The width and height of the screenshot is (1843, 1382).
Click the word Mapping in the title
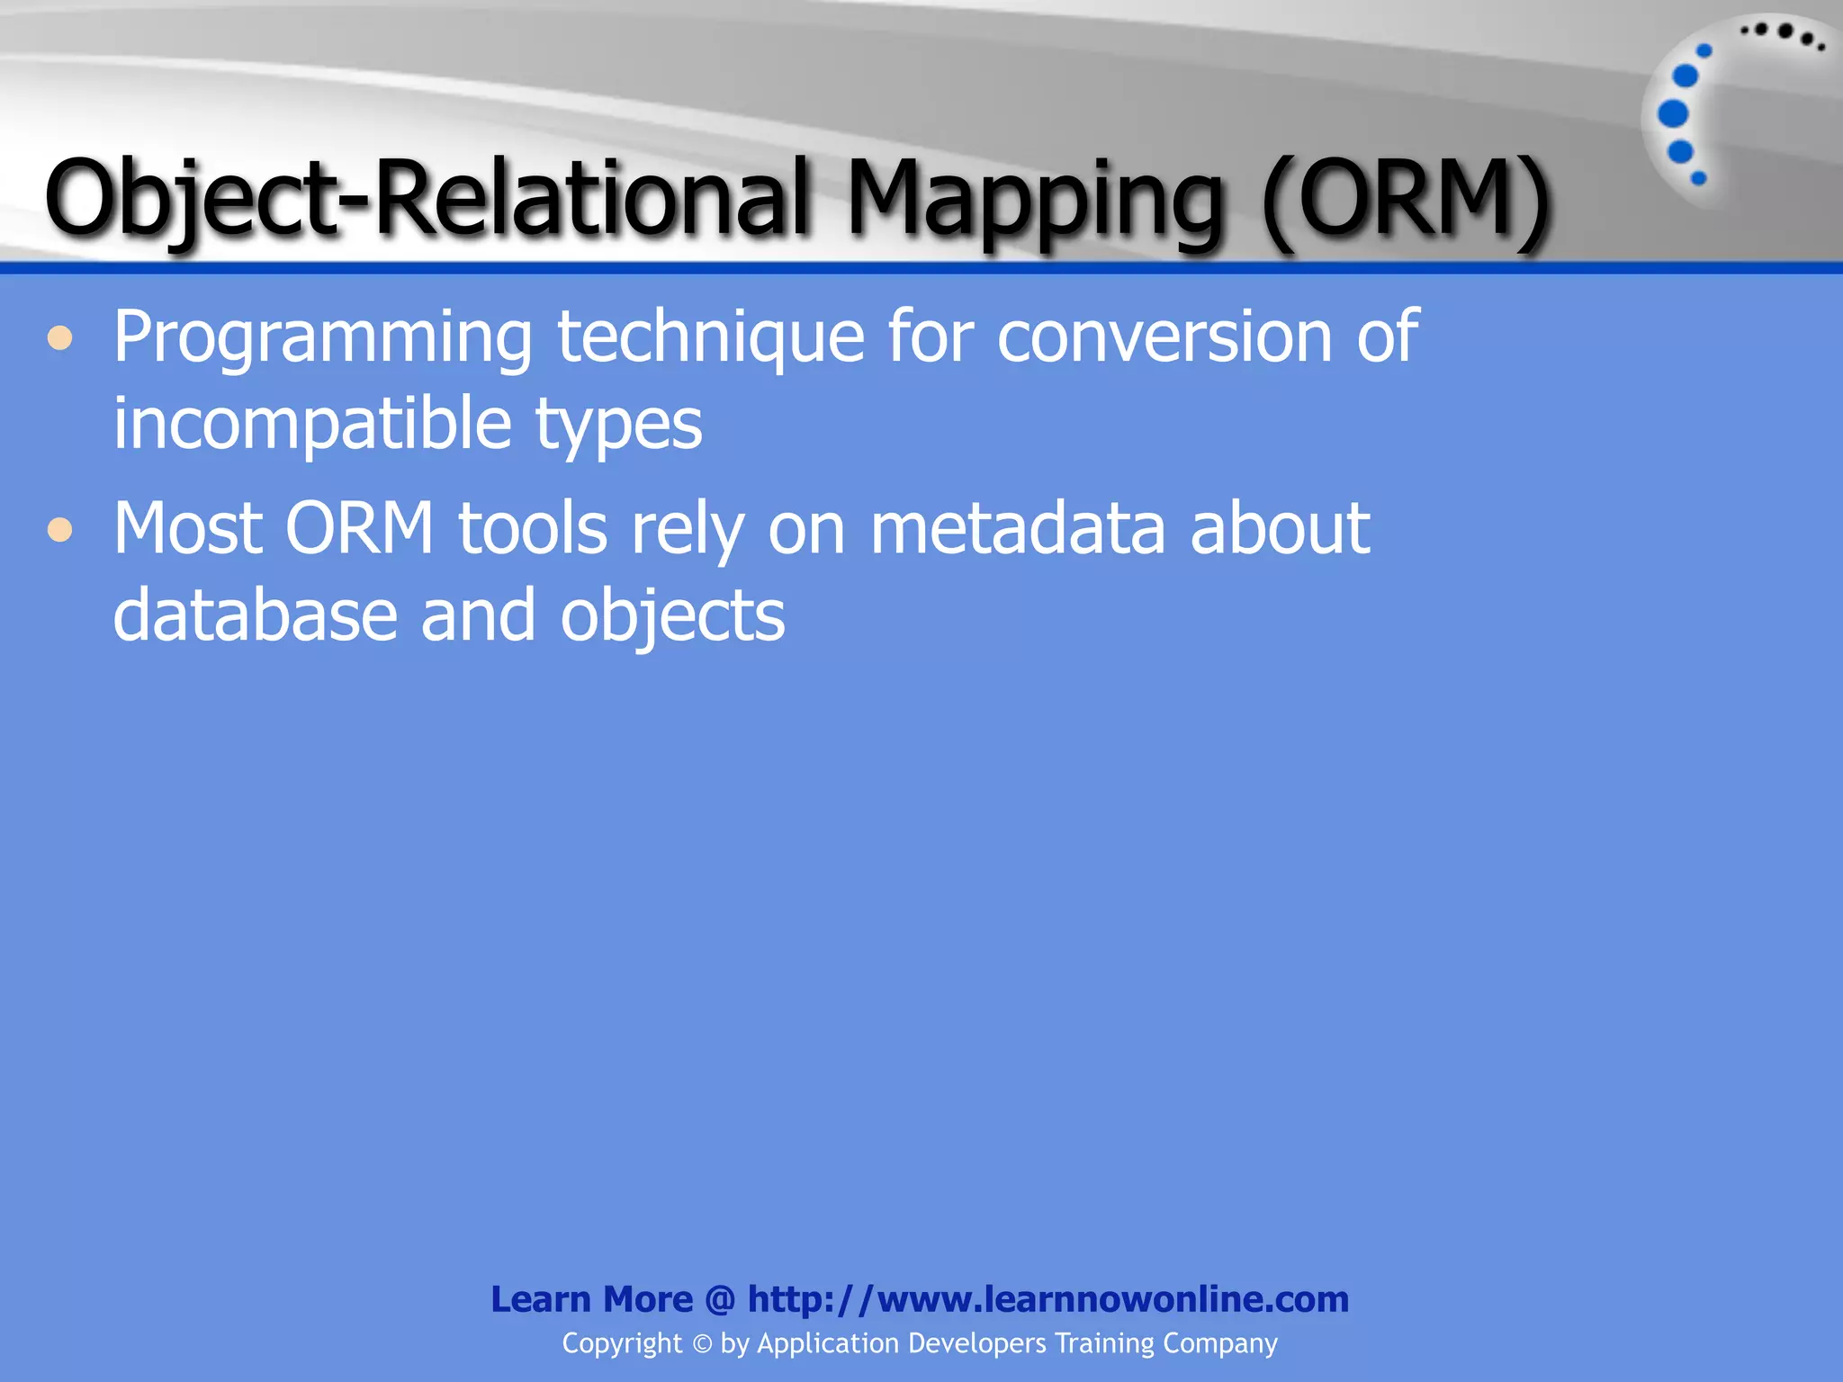tap(1035, 200)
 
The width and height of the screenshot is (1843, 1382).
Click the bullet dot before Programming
tap(60, 339)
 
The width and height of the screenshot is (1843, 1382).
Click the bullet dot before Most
tap(60, 530)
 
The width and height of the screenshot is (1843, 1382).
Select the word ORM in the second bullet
tap(360, 528)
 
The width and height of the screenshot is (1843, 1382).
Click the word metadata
tap(1018, 528)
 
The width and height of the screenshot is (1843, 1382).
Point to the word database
tap(256, 615)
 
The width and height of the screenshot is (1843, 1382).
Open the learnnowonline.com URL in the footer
tap(1047, 1299)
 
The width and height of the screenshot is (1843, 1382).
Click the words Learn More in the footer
tap(591, 1299)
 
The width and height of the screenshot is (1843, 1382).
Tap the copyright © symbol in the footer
tap(702, 1344)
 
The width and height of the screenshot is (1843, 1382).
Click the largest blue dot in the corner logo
tap(1673, 114)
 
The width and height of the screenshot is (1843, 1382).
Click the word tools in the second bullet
tap(533, 528)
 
